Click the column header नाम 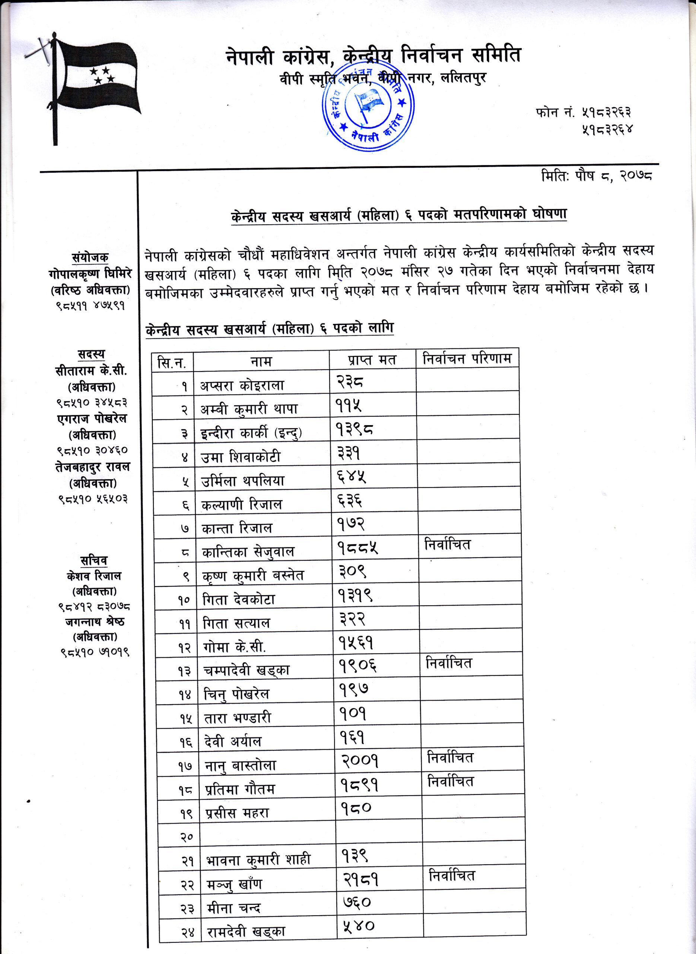pyautogui.click(x=261, y=361)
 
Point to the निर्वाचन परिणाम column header pyautogui.click(x=467, y=359)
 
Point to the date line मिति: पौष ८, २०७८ pyautogui.click(x=597, y=176)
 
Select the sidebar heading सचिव pyautogui.click(x=93, y=561)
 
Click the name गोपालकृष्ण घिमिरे pyautogui.click(x=90, y=274)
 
